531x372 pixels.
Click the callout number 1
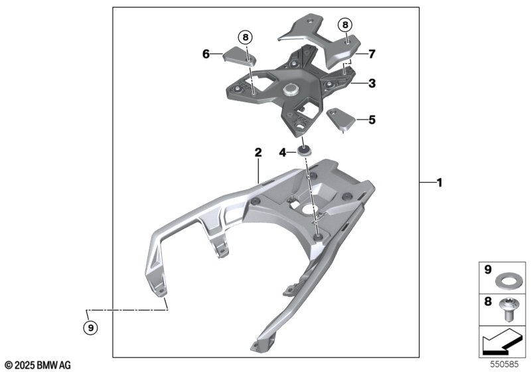[439, 183]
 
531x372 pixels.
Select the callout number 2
[258, 153]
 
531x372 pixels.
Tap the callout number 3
[372, 83]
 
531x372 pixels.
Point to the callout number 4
[283, 153]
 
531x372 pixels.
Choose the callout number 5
[372, 120]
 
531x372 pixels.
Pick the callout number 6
[206, 54]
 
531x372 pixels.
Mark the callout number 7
[372, 54]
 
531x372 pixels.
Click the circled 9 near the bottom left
[90, 327]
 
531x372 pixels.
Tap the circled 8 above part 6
[246, 37]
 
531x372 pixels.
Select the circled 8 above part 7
[345, 25]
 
